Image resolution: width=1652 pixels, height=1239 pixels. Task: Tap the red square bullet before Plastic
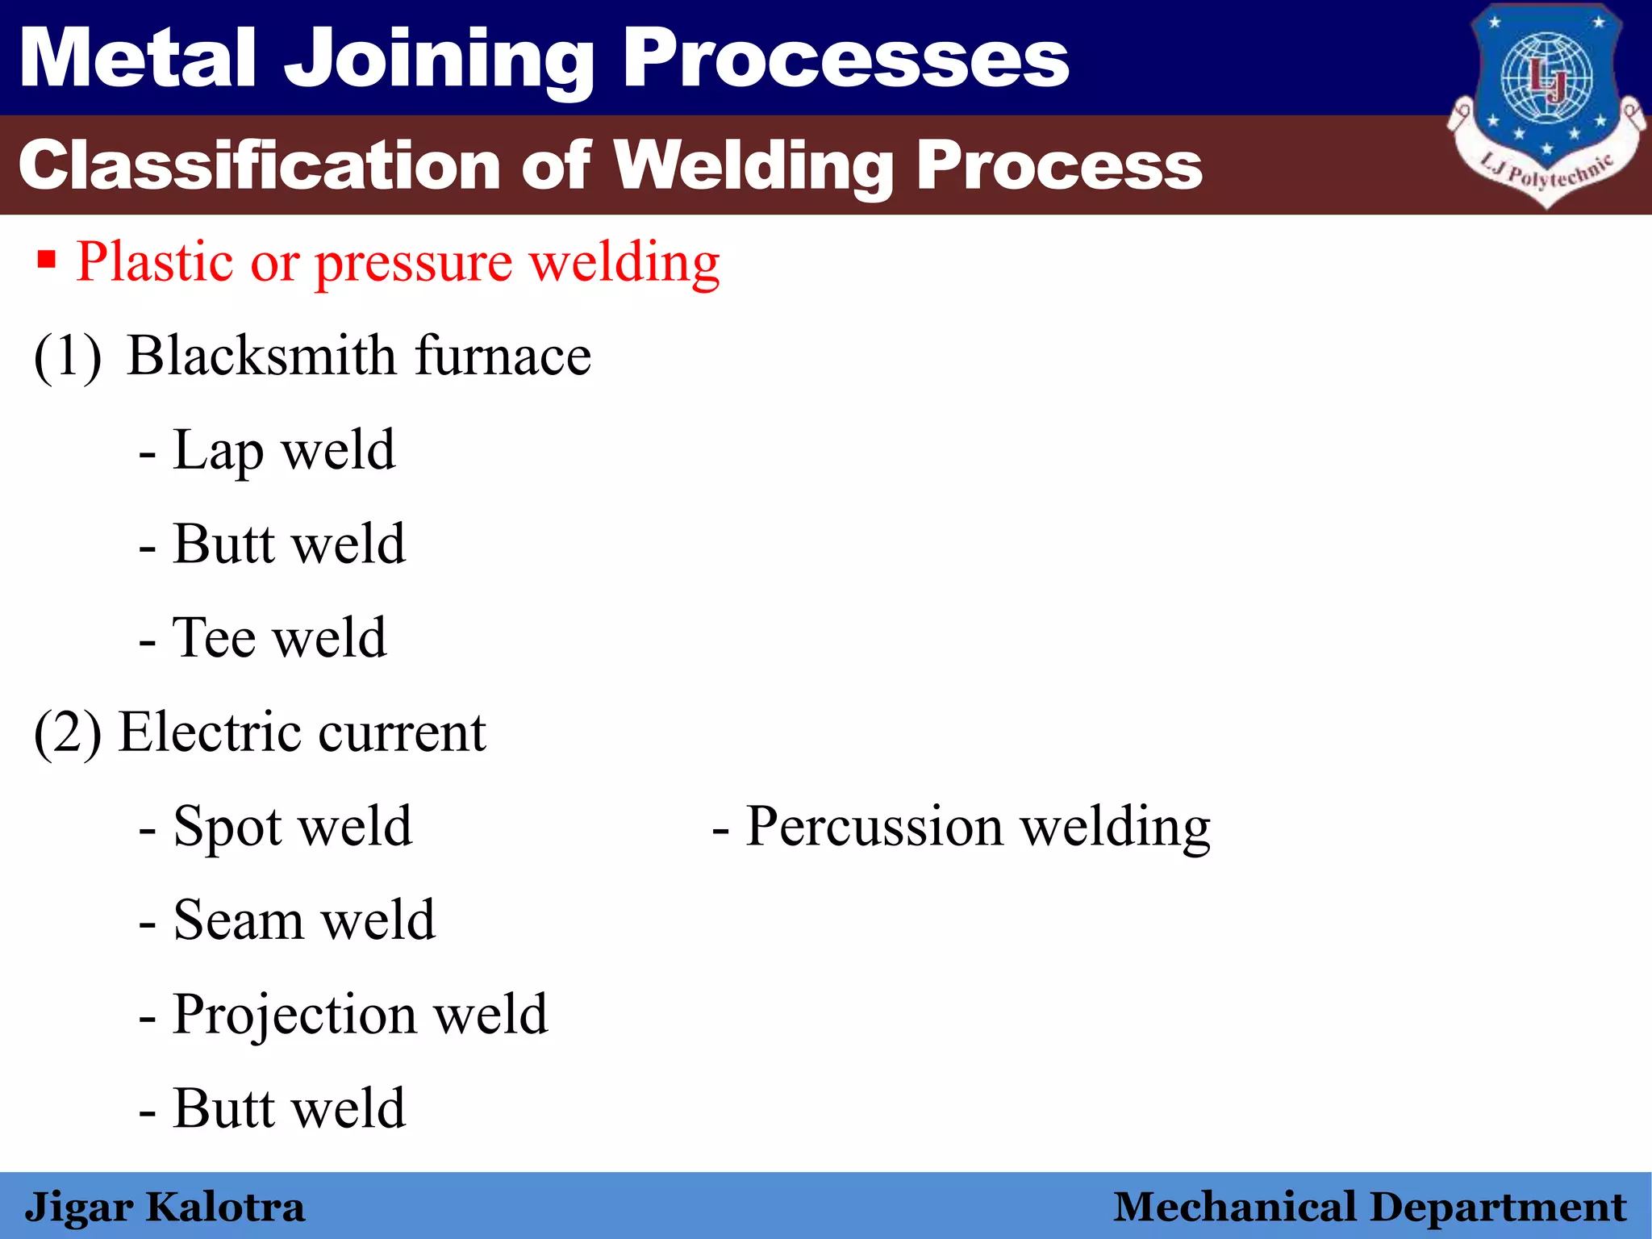coord(47,261)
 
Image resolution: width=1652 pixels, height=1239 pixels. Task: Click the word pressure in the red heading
coord(413,263)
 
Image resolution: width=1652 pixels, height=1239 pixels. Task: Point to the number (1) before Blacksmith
coord(68,356)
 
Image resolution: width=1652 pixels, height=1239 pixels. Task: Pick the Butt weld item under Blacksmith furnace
coord(288,544)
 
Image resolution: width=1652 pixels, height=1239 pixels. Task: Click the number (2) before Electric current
coord(68,732)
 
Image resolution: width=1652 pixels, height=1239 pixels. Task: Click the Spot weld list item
coord(291,826)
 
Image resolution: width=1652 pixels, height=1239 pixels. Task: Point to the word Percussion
coord(874,826)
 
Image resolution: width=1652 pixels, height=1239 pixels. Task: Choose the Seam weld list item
coord(303,920)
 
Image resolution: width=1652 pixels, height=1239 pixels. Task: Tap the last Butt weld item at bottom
coord(288,1108)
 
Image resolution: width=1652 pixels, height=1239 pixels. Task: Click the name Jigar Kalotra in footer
coord(165,1208)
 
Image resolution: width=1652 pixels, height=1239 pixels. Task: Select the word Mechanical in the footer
coord(1234,1208)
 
